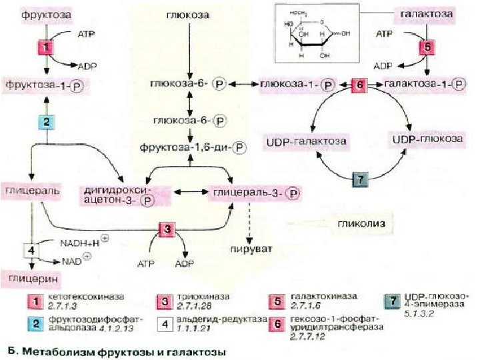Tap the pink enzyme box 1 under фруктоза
45,48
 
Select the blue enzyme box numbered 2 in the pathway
45,121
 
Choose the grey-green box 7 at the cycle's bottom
359,180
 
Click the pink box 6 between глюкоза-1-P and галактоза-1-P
359,85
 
